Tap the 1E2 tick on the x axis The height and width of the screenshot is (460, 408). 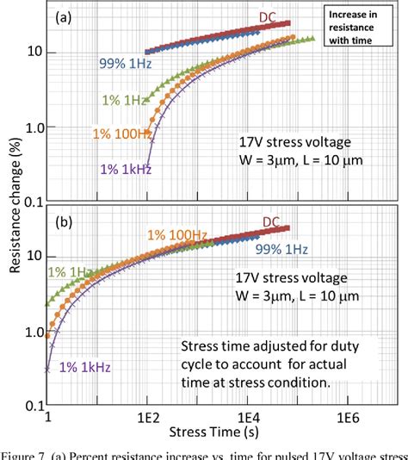pyautogui.click(x=147, y=413)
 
